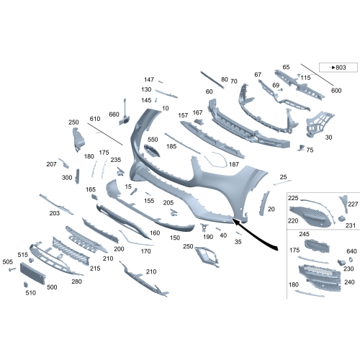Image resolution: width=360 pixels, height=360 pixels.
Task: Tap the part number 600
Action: pos(336,91)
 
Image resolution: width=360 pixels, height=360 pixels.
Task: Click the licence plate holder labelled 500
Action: pos(33,274)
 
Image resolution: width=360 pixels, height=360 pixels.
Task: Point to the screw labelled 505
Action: pos(12,269)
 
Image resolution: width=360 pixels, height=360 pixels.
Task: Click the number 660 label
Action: pos(114,114)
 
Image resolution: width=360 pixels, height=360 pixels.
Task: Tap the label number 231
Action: pos(351,225)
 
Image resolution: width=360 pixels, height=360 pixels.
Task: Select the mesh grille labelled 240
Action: pos(320,278)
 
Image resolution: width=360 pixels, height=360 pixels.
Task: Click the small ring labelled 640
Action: pos(351,259)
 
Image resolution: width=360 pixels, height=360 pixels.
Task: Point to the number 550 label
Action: pos(153,140)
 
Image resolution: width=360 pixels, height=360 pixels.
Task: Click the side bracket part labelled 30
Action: pos(319,124)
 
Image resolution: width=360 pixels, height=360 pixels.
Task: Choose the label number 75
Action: pos(310,150)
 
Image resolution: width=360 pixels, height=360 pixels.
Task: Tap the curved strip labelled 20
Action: pos(264,203)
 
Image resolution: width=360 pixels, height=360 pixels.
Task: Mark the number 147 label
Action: pos(149,79)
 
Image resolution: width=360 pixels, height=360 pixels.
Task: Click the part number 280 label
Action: pos(76,282)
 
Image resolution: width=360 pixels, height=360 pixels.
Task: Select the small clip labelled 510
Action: pos(26,284)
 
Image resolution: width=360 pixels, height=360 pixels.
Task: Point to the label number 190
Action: pos(208,237)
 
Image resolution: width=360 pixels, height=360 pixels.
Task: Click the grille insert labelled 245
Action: pos(317,246)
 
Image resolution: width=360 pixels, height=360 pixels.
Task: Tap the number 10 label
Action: pos(166,108)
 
